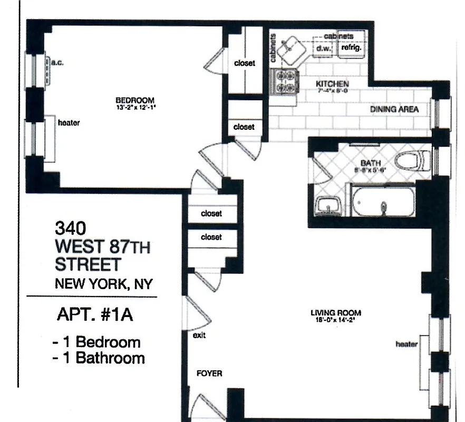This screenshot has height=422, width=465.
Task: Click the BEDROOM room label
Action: point(134,100)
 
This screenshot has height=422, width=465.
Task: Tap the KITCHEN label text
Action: point(332,84)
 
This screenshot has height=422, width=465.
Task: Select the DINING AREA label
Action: point(394,109)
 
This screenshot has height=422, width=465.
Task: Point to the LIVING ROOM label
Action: point(336,313)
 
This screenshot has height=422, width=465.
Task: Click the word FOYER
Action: point(209,373)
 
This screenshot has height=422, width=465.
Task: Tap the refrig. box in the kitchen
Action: point(351,48)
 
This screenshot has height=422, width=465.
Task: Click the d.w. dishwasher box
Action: point(322,49)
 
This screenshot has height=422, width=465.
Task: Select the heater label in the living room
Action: point(406,344)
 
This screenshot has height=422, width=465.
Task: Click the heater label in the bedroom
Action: point(69,123)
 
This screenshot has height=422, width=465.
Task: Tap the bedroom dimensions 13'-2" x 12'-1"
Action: point(134,107)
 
